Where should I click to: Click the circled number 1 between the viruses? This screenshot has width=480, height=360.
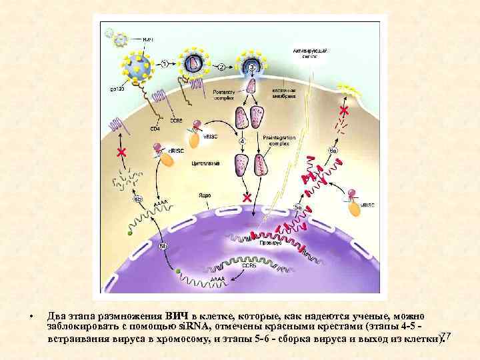pyautogui.click(x=164, y=64)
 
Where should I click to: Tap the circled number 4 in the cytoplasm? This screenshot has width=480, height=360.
pyautogui.click(x=242, y=141)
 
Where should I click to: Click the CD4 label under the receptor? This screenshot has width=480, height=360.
pyautogui.click(x=156, y=127)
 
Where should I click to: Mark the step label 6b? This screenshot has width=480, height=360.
pyautogui.click(x=138, y=199)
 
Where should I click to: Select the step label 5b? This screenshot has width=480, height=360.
pyautogui.click(x=163, y=248)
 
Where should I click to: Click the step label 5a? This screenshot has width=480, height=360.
pyautogui.click(x=299, y=207)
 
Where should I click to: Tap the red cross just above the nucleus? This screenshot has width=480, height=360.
pyautogui.click(x=247, y=198)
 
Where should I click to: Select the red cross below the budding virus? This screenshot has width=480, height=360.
pyautogui.click(x=344, y=109)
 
